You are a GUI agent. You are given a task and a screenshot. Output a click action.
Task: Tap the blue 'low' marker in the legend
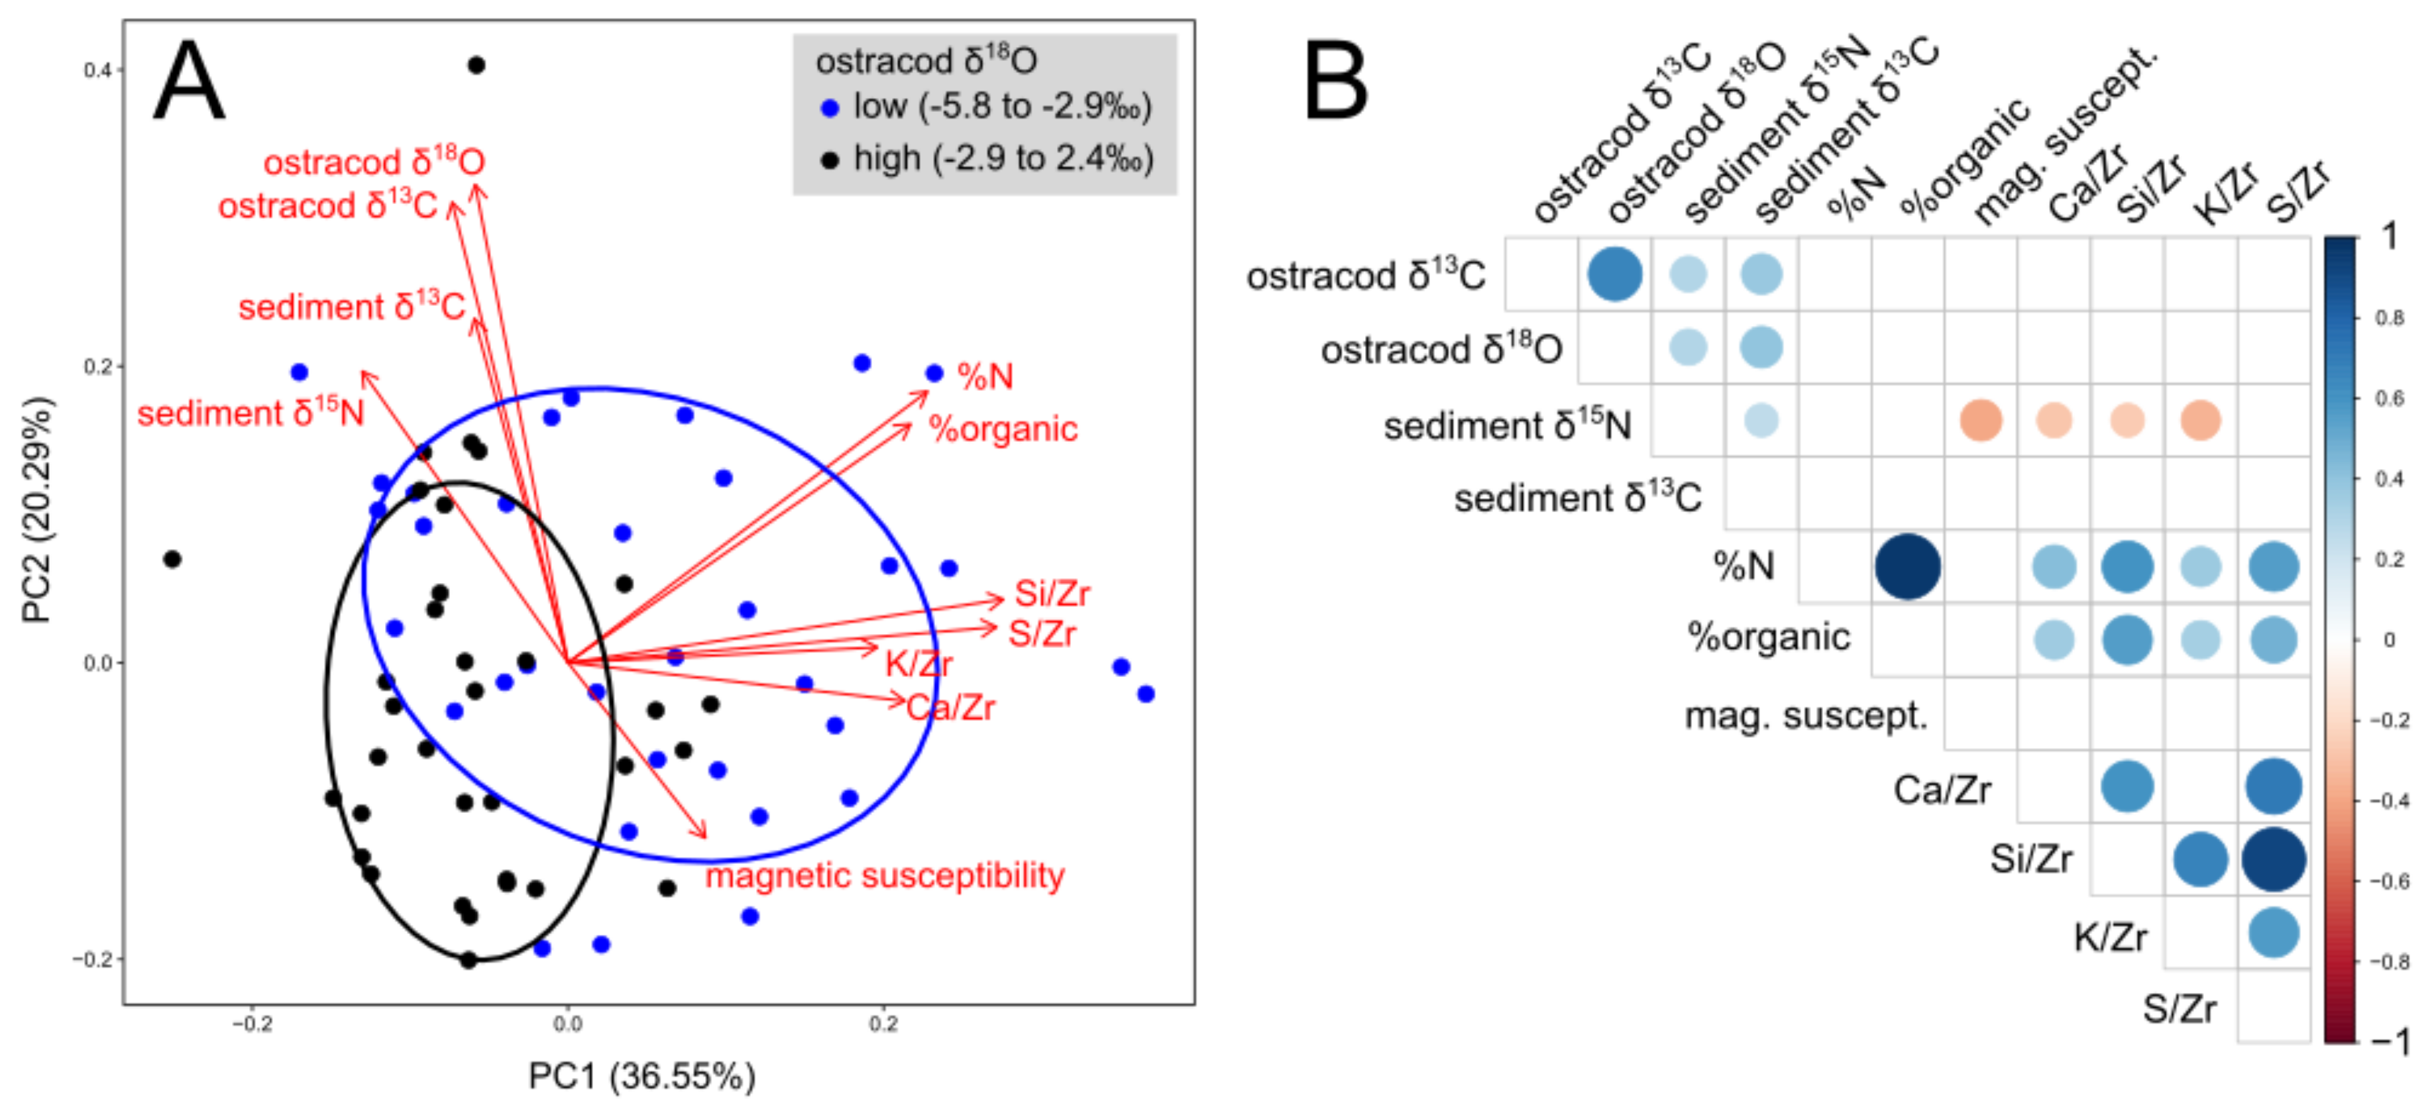[830, 109]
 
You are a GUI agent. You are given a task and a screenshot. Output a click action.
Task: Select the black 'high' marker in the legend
[830, 160]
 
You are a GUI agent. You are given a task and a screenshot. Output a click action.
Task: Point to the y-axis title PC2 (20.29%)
[38, 510]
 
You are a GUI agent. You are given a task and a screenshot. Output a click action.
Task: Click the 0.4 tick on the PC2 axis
[97, 70]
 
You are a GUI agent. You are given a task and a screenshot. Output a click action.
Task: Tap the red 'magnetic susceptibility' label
[885, 876]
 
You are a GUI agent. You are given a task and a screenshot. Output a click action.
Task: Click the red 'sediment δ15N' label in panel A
[250, 413]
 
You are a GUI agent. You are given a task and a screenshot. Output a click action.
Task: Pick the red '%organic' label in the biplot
[1003, 429]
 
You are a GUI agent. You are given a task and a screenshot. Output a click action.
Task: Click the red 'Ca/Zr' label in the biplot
[950, 707]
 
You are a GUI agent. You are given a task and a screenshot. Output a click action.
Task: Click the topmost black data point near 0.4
[477, 65]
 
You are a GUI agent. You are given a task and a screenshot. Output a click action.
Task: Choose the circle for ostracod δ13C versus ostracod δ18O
[1615, 274]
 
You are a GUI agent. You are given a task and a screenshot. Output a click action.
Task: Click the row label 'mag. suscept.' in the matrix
[1806, 716]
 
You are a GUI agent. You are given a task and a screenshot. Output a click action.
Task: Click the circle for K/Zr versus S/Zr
[2274, 933]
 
